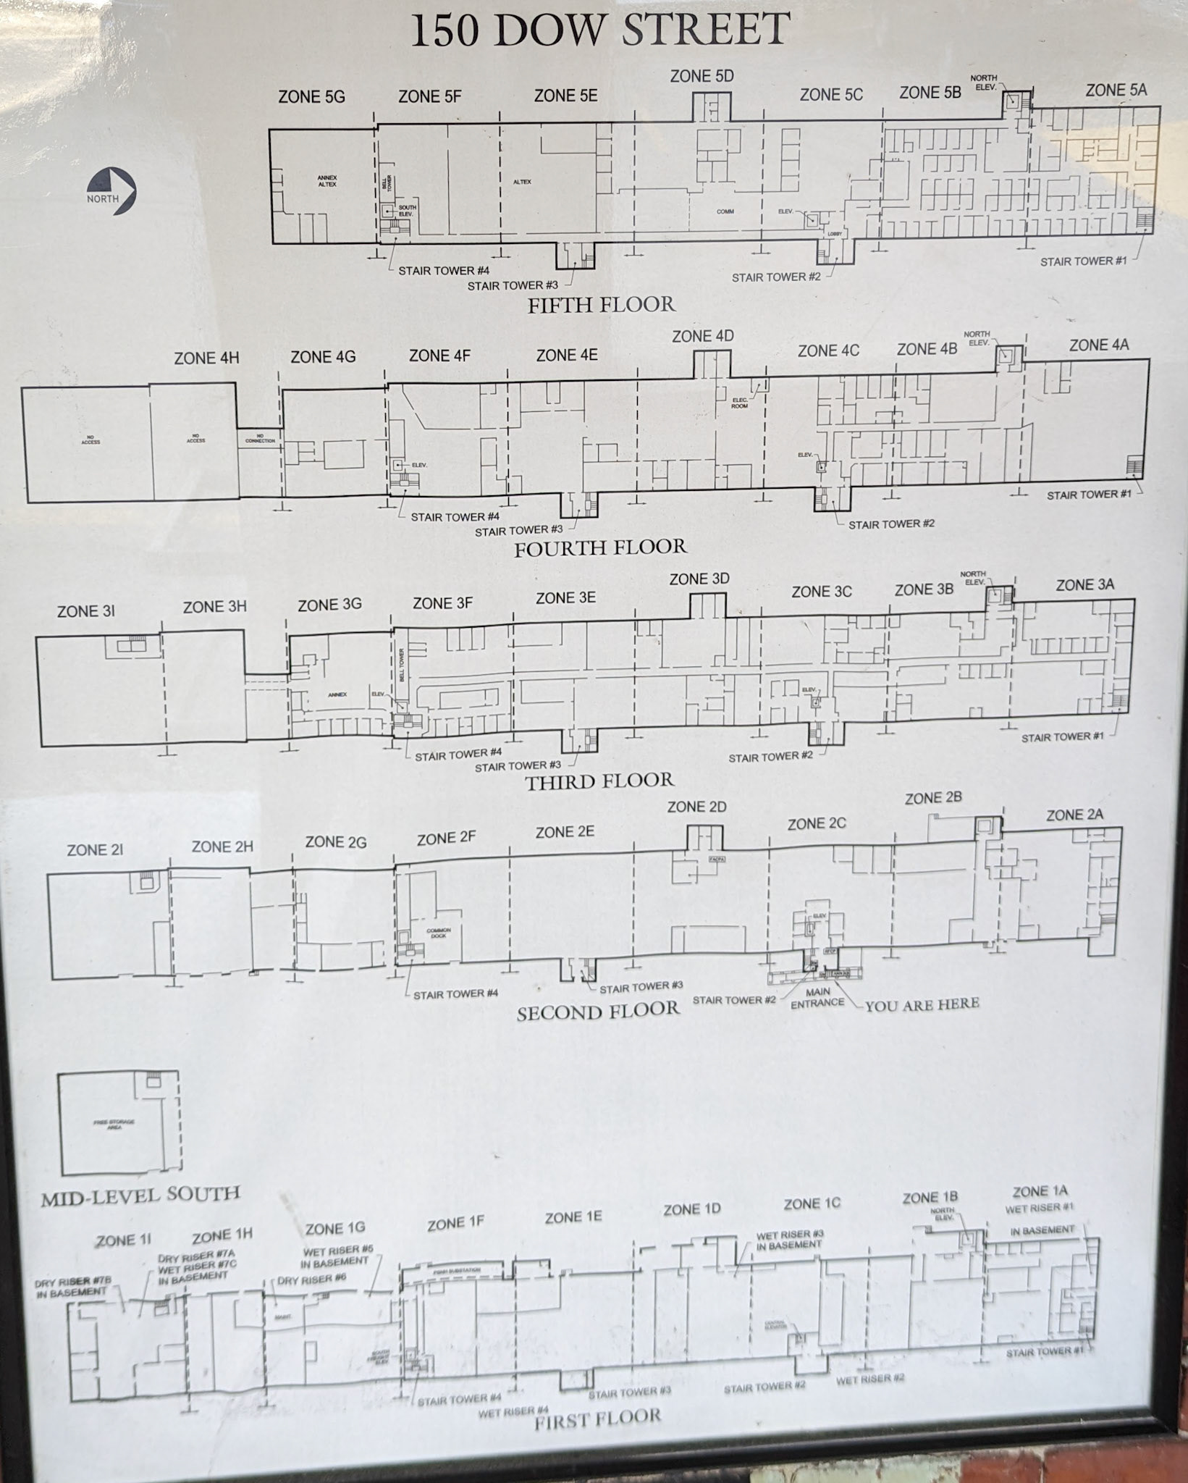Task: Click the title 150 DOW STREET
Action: tap(599, 30)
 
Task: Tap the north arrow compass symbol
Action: tap(117, 191)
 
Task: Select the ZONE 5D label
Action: tap(702, 76)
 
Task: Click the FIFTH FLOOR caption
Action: tap(601, 305)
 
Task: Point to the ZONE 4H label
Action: tap(206, 358)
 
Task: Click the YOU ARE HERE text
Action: tap(922, 1004)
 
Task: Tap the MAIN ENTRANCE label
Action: tap(817, 998)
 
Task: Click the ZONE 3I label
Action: tap(86, 611)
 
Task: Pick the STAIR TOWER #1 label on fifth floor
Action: tap(1083, 261)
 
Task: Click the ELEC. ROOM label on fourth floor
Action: tap(739, 403)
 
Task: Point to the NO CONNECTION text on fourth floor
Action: tap(260, 439)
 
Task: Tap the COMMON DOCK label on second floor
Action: tap(439, 933)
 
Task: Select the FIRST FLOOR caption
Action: tap(598, 1416)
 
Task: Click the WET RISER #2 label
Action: tap(870, 1379)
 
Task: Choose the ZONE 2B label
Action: tap(933, 798)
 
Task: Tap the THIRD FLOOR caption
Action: tap(599, 781)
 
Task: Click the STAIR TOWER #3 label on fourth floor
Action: tap(518, 532)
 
